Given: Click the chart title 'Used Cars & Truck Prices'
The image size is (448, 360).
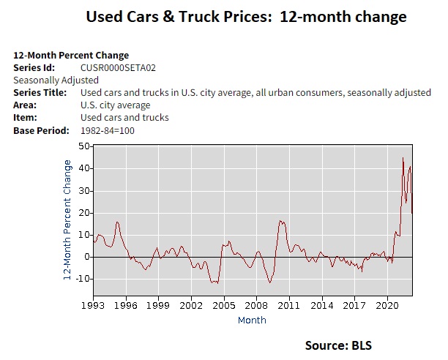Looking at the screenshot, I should click(x=246, y=17).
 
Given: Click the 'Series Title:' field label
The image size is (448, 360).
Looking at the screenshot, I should click(x=40, y=92).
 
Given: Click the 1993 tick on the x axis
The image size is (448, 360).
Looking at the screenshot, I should click(x=93, y=304).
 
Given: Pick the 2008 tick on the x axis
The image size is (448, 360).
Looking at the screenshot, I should click(x=256, y=304).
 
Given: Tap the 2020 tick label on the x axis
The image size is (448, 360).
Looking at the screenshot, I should click(x=387, y=304).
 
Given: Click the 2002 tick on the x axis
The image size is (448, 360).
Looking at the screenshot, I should click(x=191, y=304).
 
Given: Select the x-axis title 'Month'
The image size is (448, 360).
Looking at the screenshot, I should click(x=251, y=320).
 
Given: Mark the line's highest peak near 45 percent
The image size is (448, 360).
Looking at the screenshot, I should click(x=403, y=157).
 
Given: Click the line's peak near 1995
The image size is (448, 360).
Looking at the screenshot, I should click(x=117, y=221).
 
